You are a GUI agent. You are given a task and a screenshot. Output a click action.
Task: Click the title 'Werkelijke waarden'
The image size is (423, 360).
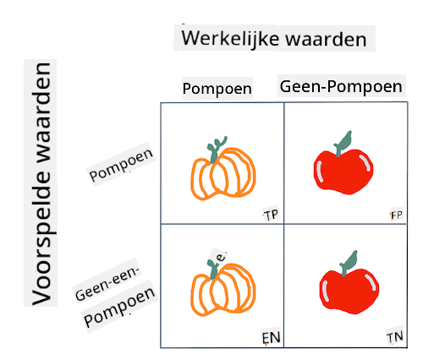coord(274,39)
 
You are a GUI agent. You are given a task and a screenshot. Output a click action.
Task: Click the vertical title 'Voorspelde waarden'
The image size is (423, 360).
coord(41,184)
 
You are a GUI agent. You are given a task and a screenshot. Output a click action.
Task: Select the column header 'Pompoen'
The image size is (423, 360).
coord(217,89)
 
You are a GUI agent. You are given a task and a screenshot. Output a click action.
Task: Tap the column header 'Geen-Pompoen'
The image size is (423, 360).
coord(341,86)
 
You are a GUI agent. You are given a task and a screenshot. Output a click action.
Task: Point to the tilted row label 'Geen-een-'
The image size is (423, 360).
coord(107,283)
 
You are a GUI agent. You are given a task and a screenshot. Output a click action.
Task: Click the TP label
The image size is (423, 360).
coord(271,215)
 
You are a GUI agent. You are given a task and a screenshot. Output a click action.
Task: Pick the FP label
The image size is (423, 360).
coord(397,215)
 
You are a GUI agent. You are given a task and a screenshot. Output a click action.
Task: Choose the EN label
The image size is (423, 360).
coord(271,337)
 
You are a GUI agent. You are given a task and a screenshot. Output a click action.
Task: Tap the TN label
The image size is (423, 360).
coord(395,337)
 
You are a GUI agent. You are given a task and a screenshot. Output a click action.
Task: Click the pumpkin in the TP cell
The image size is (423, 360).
coord(223,169)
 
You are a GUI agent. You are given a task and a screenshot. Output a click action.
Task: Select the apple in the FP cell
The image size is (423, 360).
coord(343,163)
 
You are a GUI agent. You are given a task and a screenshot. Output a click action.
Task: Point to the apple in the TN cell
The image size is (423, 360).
coord(349,282)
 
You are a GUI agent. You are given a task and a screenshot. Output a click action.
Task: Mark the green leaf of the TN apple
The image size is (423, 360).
coord(349,263)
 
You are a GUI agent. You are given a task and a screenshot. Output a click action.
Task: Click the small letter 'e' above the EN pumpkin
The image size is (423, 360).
coord(222,257)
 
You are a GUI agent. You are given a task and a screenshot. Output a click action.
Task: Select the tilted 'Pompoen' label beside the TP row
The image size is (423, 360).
coord(121,165)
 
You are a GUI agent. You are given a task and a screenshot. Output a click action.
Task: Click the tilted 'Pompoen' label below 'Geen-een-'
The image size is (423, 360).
coord(119,308)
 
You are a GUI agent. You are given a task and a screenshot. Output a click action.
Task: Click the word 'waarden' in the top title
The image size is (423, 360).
coord(327,40)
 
